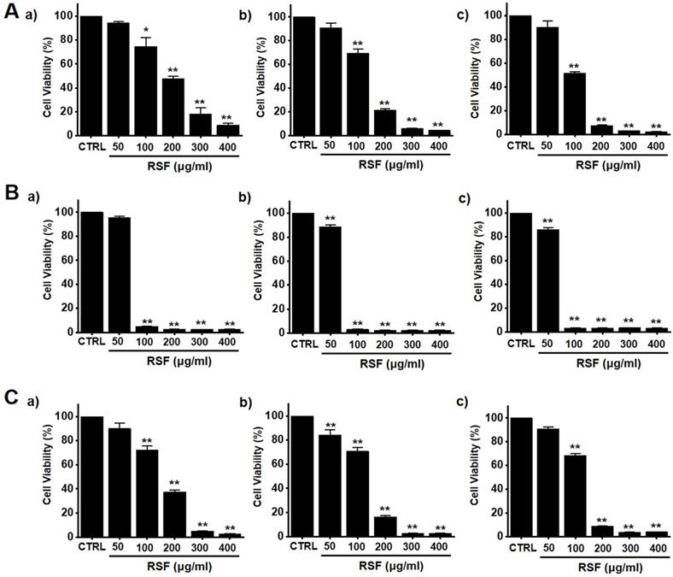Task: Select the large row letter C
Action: [12, 397]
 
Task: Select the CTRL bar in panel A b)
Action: [302, 75]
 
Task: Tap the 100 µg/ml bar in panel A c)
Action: [575, 103]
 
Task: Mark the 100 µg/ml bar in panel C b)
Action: [356, 492]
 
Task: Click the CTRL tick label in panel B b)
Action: [302, 344]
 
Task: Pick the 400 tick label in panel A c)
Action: [654, 146]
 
